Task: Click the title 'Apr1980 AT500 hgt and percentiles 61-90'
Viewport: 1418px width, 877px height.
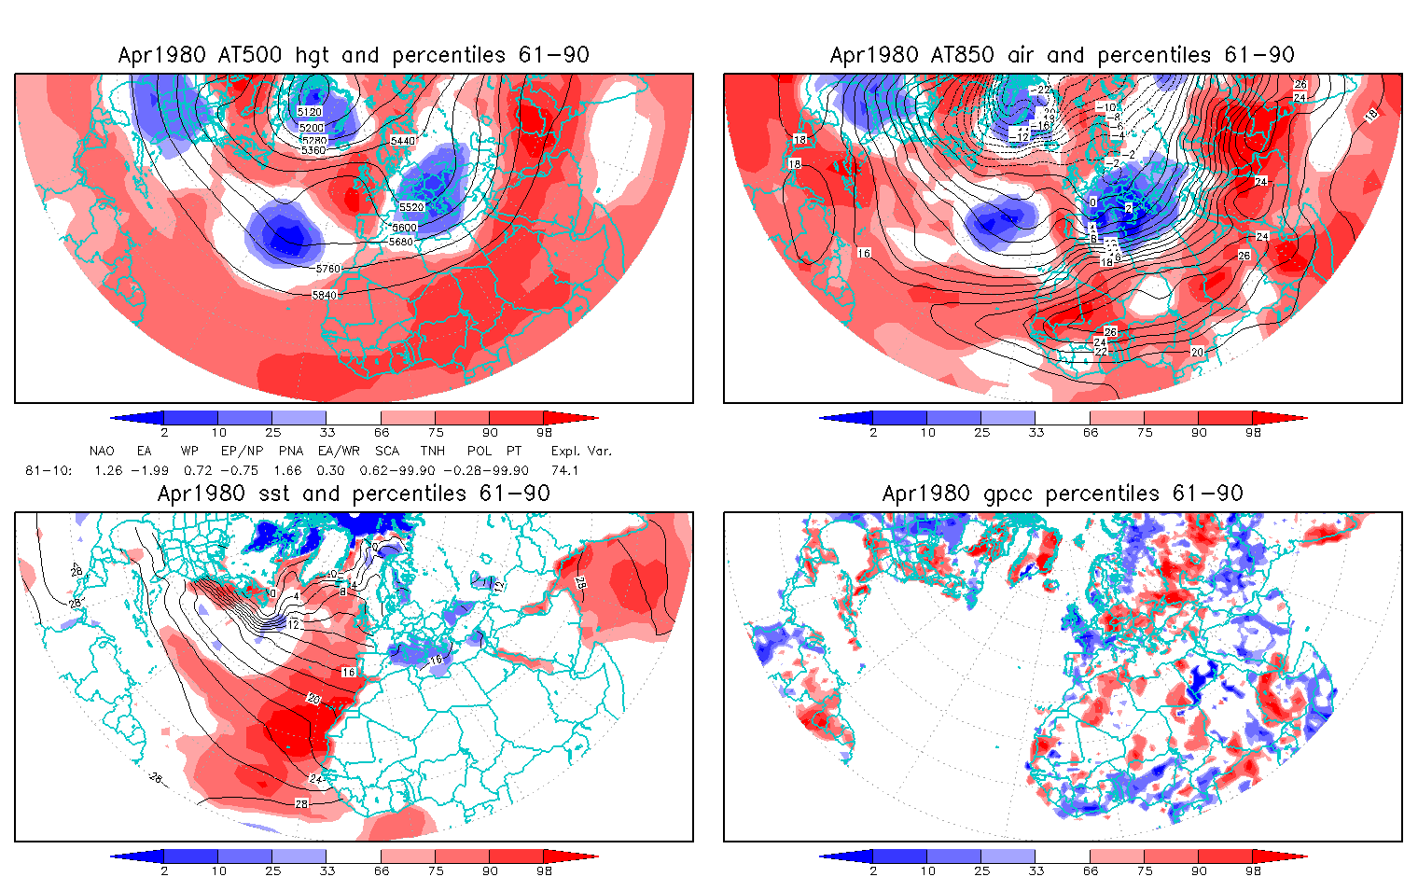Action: click(x=354, y=55)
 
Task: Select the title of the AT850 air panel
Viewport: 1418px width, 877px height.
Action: click(x=1063, y=55)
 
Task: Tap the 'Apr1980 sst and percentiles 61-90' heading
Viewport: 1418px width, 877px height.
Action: click(x=354, y=494)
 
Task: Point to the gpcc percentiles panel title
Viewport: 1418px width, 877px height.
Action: click(x=1063, y=494)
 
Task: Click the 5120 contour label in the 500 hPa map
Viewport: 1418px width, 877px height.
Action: click(x=311, y=113)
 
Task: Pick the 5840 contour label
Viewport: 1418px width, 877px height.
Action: click(x=325, y=295)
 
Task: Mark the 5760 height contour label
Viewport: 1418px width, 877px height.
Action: click(x=328, y=269)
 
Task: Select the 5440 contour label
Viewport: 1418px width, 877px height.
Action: click(x=403, y=140)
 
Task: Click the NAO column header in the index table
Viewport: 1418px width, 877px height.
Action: click(x=103, y=452)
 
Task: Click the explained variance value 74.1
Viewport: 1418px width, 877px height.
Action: click(x=564, y=471)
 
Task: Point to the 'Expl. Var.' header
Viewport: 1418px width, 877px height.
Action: click(x=581, y=452)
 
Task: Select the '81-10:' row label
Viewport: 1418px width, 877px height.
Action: click(x=49, y=471)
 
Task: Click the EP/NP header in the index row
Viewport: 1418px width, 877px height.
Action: click(x=242, y=452)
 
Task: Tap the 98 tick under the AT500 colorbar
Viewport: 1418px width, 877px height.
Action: click(x=544, y=433)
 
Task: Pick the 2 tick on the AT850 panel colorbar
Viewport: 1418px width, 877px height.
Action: click(x=873, y=433)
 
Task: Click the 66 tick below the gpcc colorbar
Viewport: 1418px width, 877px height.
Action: click(x=1091, y=871)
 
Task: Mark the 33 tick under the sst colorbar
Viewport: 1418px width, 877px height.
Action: click(x=327, y=871)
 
